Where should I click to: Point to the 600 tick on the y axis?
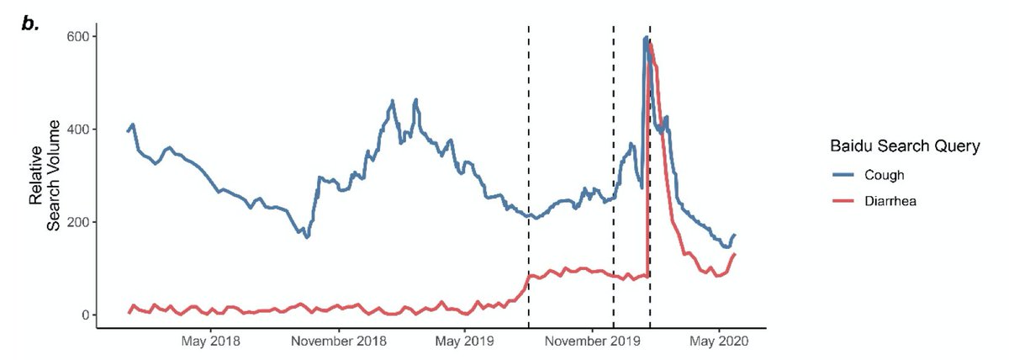pyautogui.click(x=77, y=36)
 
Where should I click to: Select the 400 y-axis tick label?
pyautogui.click(x=77, y=130)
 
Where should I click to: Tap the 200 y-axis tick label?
pyautogui.click(x=77, y=222)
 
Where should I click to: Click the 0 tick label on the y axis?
pyautogui.click(x=85, y=315)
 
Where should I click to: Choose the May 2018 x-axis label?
pyautogui.click(x=211, y=341)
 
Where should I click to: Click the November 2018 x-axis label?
pyautogui.click(x=339, y=341)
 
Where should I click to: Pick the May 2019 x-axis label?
pyautogui.click(x=464, y=341)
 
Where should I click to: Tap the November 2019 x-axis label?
pyautogui.click(x=592, y=341)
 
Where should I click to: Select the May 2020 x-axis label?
pyautogui.click(x=719, y=341)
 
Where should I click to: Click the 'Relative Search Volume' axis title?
pyautogui.click(x=45, y=175)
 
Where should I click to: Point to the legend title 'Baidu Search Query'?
pyautogui.click(x=905, y=146)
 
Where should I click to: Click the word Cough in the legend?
pyautogui.click(x=885, y=175)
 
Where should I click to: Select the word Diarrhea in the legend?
pyautogui.click(x=890, y=200)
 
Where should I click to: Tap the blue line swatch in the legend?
pyautogui.click(x=843, y=175)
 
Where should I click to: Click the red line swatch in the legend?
pyautogui.click(x=843, y=200)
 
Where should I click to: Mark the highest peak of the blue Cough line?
pyautogui.click(x=647, y=37)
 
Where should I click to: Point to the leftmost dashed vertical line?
pyautogui.click(x=528, y=176)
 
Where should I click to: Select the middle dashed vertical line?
pyautogui.click(x=614, y=176)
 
